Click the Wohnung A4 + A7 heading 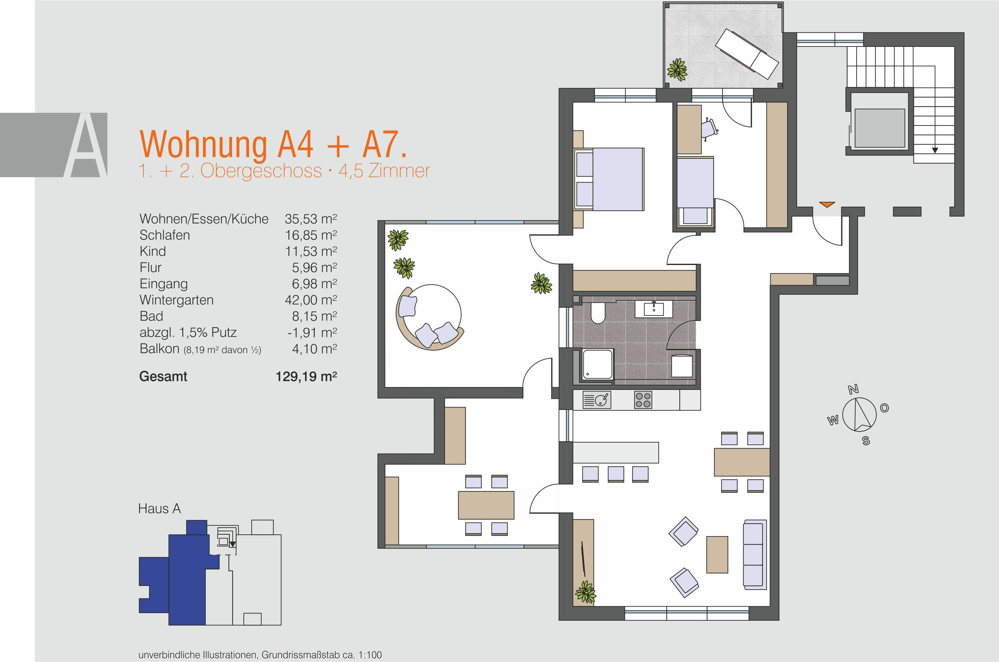[273, 144]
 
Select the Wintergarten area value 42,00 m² [311, 300]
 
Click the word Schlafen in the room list [165, 235]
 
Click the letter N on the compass [853, 389]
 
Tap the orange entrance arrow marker [827, 204]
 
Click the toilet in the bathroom [598, 313]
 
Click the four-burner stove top [643, 399]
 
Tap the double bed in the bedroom [609, 179]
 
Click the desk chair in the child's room [709, 128]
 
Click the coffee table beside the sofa [717, 554]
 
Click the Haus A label [159, 509]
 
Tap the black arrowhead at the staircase [934, 150]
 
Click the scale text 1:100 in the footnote [370, 655]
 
